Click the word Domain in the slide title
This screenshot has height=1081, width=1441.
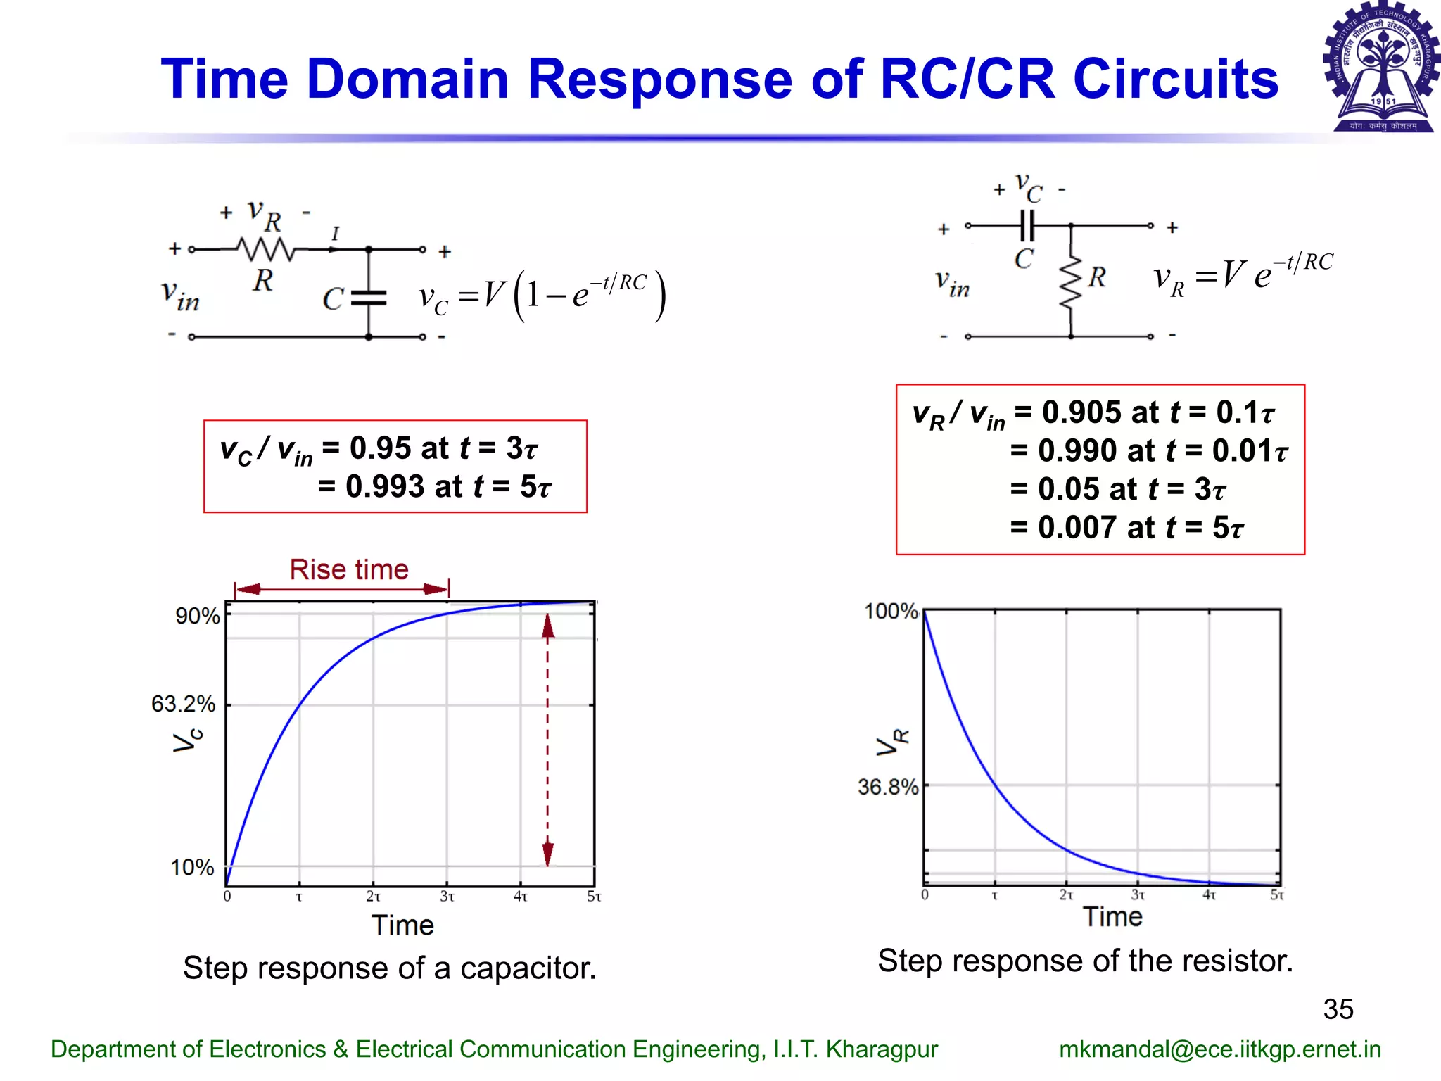pos(408,79)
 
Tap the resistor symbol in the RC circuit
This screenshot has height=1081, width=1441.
pos(265,249)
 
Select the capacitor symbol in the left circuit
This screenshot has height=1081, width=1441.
pos(369,298)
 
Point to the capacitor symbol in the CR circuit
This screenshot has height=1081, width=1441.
pos(1028,226)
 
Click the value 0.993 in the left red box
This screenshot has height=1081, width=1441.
pos(384,486)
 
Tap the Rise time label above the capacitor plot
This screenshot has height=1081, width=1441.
pos(349,569)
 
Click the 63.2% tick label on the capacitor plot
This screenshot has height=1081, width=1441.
pos(183,704)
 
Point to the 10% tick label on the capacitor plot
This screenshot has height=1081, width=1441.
pos(192,867)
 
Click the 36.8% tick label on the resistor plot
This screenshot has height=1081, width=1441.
pos(887,787)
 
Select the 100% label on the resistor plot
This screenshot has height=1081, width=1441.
pos(891,611)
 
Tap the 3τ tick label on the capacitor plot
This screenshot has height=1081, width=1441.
pos(447,897)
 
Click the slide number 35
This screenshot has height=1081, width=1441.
pos(1338,1009)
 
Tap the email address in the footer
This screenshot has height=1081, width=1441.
pos(1219,1049)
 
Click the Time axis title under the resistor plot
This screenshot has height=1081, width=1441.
pos(1112,917)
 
